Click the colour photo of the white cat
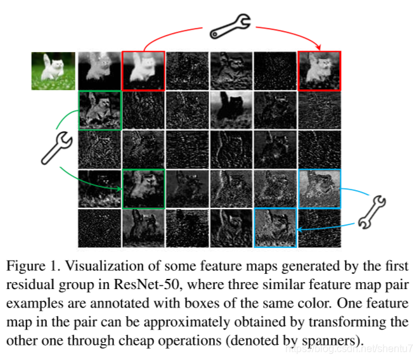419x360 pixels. [x=53, y=71]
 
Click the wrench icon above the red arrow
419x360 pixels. [x=230, y=25]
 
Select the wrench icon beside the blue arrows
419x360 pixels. [x=372, y=210]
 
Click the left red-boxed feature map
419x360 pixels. [x=143, y=71]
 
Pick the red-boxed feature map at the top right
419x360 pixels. [x=319, y=71]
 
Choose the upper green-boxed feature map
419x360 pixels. [x=99, y=110]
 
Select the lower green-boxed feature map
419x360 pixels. [x=143, y=189]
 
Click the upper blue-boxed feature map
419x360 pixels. [x=319, y=189]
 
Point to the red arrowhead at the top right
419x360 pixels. [x=319, y=48]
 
